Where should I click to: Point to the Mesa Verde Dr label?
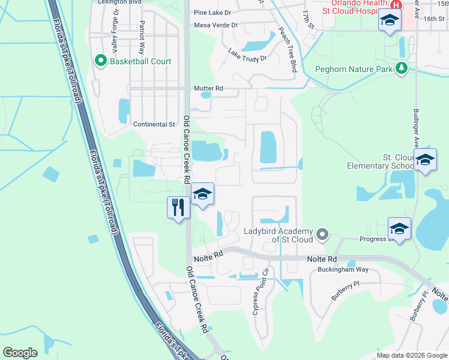(216, 25)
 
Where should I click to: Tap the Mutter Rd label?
(208, 88)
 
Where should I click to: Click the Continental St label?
(154, 124)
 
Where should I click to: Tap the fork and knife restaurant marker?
(178, 207)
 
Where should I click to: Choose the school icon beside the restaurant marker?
(203, 194)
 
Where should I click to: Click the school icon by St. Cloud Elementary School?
(426, 160)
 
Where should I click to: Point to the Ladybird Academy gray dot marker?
(322, 233)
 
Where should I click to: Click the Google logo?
(20, 353)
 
